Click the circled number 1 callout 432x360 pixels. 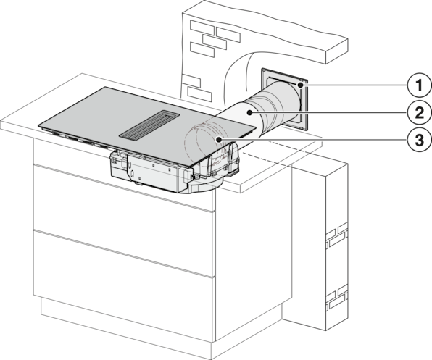419,85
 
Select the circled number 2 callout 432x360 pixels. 419,113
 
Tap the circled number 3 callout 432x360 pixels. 419,140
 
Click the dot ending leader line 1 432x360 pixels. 300,85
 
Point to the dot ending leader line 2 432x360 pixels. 249,112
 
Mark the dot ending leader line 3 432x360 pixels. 219,140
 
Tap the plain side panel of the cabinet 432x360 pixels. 253,254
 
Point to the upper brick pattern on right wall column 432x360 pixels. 336,236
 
